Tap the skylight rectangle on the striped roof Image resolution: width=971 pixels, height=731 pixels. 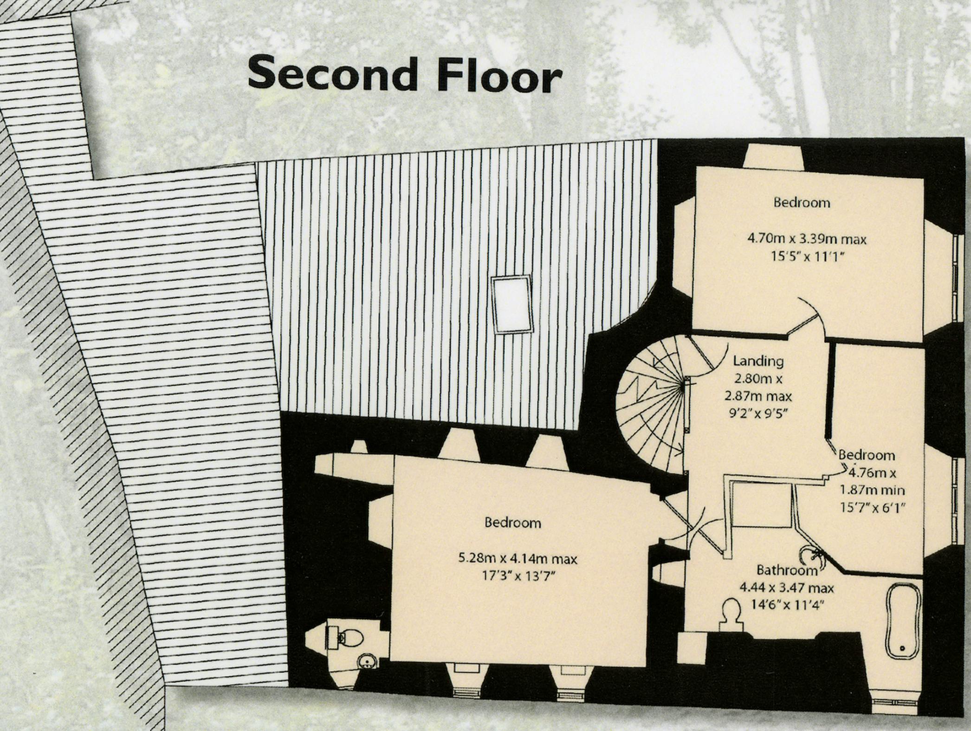[x=511, y=304]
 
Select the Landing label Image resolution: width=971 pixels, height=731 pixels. [x=758, y=361]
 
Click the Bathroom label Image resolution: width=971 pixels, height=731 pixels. [x=787, y=570]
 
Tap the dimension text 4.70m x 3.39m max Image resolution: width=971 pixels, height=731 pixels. [x=807, y=239]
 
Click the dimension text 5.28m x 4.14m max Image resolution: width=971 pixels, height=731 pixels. [x=518, y=558]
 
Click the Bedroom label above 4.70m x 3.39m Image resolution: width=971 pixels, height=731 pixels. [x=802, y=202]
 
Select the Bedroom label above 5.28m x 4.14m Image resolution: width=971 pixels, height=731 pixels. [x=513, y=523]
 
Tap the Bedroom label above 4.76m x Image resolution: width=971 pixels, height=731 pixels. [x=867, y=455]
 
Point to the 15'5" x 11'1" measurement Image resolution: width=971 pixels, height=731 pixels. [x=807, y=256]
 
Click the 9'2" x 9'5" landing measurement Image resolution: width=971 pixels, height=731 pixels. [x=758, y=413]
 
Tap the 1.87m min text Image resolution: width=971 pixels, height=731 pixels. [x=872, y=490]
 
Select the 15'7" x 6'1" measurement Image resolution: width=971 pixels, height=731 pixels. [x=873, y=507]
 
